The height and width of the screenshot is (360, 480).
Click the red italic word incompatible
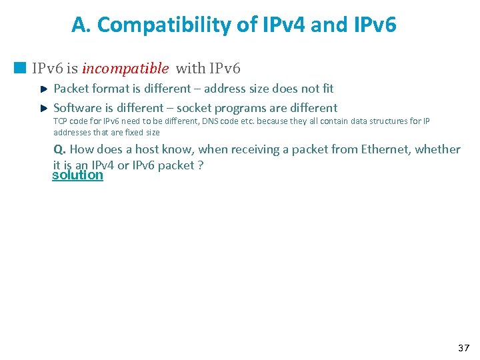pyautogui.click(x=125, y=69)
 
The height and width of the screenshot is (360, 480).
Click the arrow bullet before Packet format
pyautogui.click(x=43, y=89)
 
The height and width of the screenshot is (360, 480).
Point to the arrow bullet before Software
pyautogui.click(x=43, y=108)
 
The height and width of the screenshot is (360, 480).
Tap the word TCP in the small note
pyautogui.click(x=61, y=121)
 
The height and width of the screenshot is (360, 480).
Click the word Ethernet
pyautogui.click(x=385, y=149)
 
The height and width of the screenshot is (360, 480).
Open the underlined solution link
pyautogui.click(x=77, y=175)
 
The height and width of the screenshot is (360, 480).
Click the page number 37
pyautogui.click(x=463, y=348)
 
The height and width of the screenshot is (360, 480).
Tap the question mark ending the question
pyautogui.click(x=200, y=165)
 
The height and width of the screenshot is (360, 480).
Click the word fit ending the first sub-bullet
pyautogui.click(x=327, y=89)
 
